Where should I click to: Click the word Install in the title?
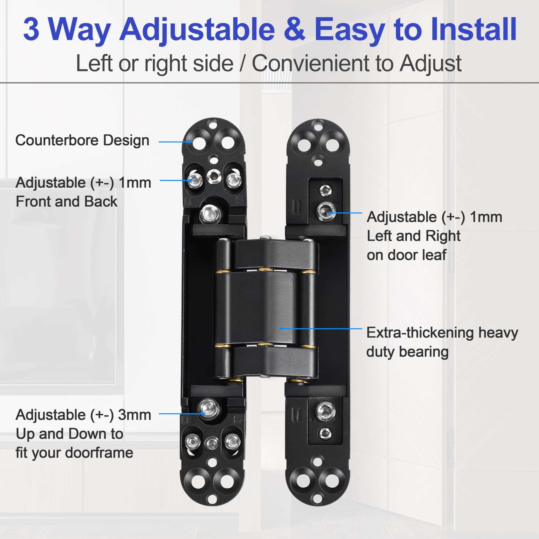(x=474, y=29)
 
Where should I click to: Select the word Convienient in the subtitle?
(x=311, y=64)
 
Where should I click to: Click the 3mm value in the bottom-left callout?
(x=135, y=415)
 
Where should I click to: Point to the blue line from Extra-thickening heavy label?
(x=321, y=329)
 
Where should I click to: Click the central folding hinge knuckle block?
(x=265, y=308)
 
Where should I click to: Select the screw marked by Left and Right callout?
(x=326, y=211)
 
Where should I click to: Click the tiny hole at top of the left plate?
(x=213, y=124)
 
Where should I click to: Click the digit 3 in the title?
(x=31, y=29)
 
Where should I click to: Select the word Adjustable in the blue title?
(x=197, y=29)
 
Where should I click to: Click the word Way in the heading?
(x=80, y=29)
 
